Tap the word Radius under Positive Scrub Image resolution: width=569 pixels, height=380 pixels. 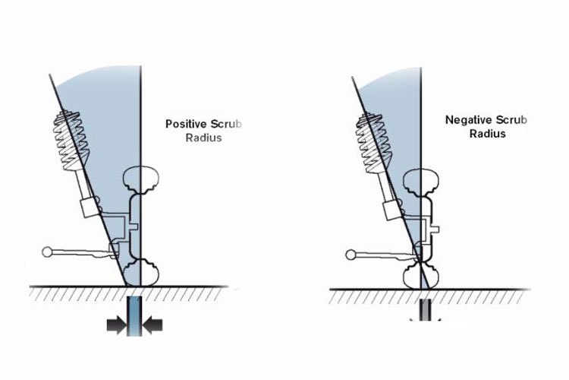tap(203, 138)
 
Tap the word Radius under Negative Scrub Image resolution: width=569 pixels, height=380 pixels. tap(487, 134)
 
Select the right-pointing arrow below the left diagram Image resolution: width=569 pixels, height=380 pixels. tap(117, 325)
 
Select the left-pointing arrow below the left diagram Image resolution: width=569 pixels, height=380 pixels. tap(152, 325)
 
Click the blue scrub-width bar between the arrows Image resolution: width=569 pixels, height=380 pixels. tap(134, 315)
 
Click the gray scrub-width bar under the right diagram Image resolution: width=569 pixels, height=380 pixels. tap(425, 310)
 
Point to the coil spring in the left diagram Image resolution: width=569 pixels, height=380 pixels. tap(71, 140)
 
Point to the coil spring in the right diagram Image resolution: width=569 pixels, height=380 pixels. tap(374, 144)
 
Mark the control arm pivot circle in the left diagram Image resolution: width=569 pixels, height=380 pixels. tap(47, 252)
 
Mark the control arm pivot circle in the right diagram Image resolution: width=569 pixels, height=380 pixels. tap(351, 255)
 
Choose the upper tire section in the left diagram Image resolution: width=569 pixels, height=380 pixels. tap(141, 180)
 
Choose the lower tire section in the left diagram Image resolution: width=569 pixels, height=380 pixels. tap(141, 272)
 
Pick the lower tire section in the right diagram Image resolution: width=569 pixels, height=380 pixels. tap(421, 277)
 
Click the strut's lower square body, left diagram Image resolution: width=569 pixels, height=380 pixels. tap(90, 207)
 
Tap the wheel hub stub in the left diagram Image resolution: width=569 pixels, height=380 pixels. tap(134, 227)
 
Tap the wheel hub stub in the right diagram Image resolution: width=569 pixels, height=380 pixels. tap(435, 230)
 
